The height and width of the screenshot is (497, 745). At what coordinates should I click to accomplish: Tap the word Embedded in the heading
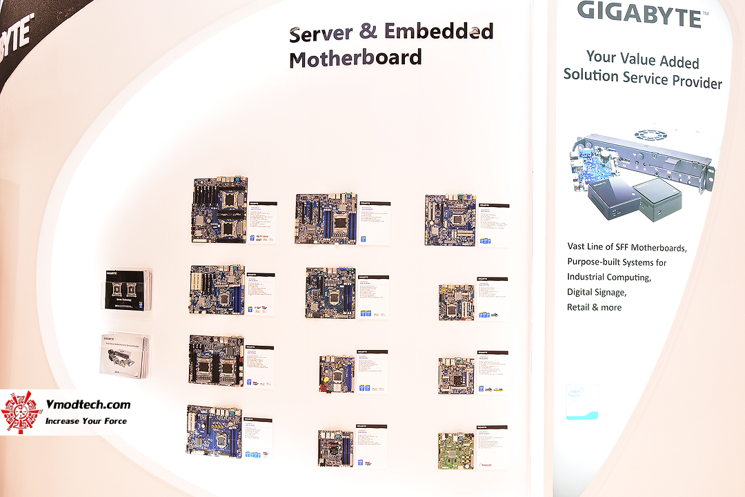tap(439, 32)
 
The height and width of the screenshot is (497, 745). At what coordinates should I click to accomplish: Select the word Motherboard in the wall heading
tap(355, 59)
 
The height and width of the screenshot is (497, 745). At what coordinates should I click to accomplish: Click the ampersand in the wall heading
tap(368, 33)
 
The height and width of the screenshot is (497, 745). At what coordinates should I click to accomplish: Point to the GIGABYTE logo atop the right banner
tap(639, 13)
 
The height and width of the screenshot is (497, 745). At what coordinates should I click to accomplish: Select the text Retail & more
tap(594, 307)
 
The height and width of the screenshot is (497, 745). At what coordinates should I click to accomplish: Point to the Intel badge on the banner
tap(582, 401)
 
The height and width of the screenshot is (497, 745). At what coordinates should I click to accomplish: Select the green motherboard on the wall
tap(456, 450)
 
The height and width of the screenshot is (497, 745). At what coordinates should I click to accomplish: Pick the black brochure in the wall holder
tap(128, 289)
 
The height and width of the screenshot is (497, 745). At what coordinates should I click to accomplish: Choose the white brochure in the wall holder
tap(124, 355)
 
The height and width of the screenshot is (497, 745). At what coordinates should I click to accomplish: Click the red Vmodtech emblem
tap(21, 411)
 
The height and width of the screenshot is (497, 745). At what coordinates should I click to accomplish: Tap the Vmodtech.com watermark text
tap(88, 405)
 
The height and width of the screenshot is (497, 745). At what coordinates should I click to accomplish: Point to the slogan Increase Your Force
tap(86, 420)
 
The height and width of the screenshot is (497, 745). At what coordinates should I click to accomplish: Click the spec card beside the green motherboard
tap(491, 447)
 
